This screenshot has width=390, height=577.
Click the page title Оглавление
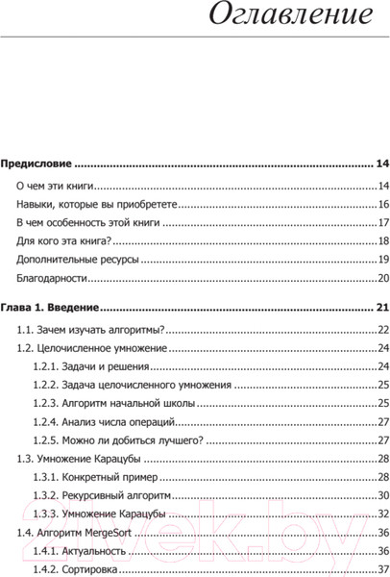coord(289,16)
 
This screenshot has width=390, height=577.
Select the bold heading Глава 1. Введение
coord(49,309)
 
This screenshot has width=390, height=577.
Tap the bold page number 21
coord(381,309)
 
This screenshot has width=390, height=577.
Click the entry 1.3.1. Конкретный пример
coord(97,477)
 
